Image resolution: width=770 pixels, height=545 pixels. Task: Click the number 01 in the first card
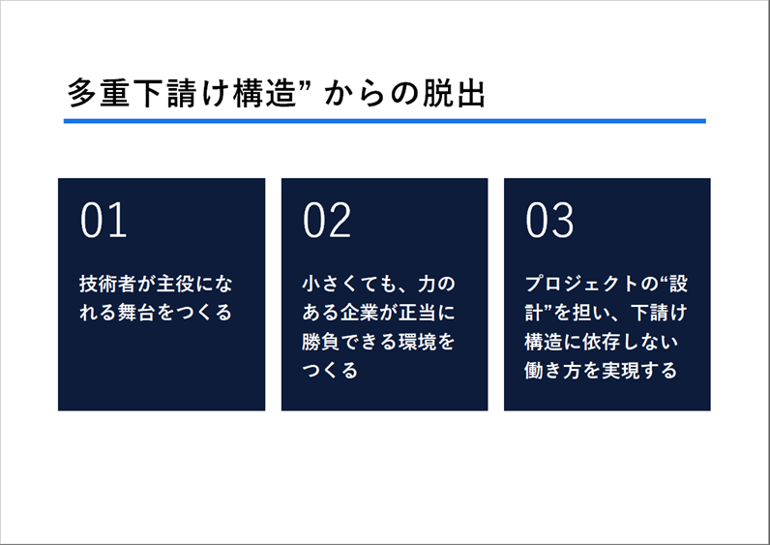click(x=104, y=220)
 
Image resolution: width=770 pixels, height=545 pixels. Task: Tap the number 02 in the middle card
click(x=327, y=220)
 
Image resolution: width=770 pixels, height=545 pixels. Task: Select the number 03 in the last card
click(x=549, y=220)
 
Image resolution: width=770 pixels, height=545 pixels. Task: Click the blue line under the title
click(x=384, y=121)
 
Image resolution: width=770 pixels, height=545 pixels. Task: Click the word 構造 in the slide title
click(x=265, y=93)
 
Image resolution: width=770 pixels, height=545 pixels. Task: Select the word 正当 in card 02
click(x=417, y=313)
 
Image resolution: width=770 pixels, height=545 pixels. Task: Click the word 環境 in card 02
click(x=417, y=342)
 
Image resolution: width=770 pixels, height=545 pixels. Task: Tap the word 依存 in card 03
click(x=602, y=342)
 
